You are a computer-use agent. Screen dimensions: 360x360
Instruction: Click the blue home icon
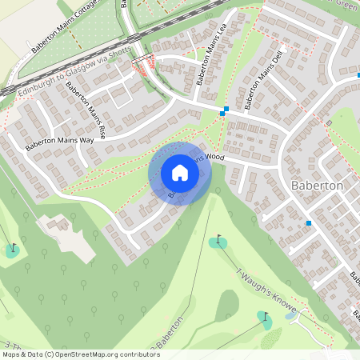pyautogui.click(x=180, y=173)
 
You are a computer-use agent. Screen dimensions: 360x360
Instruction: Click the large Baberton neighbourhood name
pyautogui.click(x=318, y=185)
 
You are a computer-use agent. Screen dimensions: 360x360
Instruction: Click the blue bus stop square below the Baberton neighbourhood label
pyautogui.click(x=309, y=222)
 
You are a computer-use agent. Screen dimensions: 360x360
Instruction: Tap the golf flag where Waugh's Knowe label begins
pyautogui.click(x=219, y=238)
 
